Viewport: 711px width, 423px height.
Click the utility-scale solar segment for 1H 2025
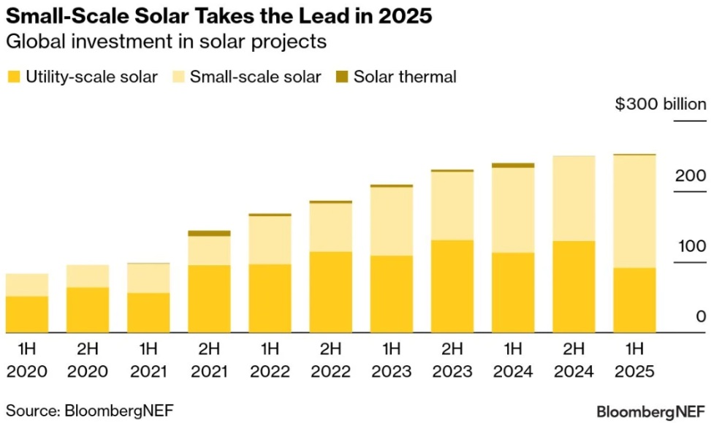(634, 300)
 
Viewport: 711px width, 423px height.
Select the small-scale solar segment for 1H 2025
(634, 211)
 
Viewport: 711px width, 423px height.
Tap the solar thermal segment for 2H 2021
(209, 234)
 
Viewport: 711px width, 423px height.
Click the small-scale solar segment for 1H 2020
(27, 285)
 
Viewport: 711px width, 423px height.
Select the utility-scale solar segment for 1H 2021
(148, 313)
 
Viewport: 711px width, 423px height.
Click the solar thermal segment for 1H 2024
(512, 166)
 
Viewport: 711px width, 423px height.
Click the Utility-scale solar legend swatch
(13, 77)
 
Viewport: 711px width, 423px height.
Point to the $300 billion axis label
(661, 104)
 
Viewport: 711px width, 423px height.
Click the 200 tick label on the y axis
(690, 176)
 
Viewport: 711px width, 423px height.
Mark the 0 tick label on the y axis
(700, 317)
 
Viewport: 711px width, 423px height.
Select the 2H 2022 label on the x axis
(330, 359)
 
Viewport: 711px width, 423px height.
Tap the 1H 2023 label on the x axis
(391, 359)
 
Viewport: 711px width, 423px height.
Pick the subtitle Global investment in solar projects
(166, 42)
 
